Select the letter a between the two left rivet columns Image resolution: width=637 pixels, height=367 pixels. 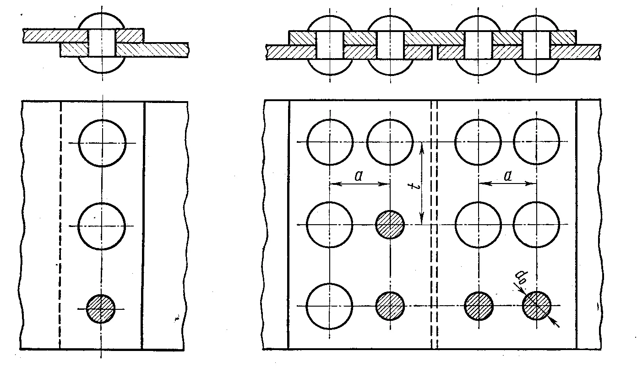(359, 176)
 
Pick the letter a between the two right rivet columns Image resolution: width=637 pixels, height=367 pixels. (507, 176)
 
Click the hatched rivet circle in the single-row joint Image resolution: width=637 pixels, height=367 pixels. (101, 309)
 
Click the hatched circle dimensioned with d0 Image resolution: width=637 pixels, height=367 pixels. (537, 306)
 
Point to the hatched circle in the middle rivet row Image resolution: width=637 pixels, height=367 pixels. (390, 225)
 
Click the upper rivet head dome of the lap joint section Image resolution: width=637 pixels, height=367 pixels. (102, 14)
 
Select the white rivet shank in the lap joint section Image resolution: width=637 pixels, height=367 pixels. (102, 43)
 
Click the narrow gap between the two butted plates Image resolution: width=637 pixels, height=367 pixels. (435, 52)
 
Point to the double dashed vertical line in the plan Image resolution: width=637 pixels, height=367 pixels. (434, 224)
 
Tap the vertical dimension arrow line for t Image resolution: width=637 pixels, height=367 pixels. (422, 183)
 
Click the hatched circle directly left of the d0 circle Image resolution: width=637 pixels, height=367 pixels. (479, 306)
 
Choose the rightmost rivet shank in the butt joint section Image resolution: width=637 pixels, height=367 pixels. (536, 45)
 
